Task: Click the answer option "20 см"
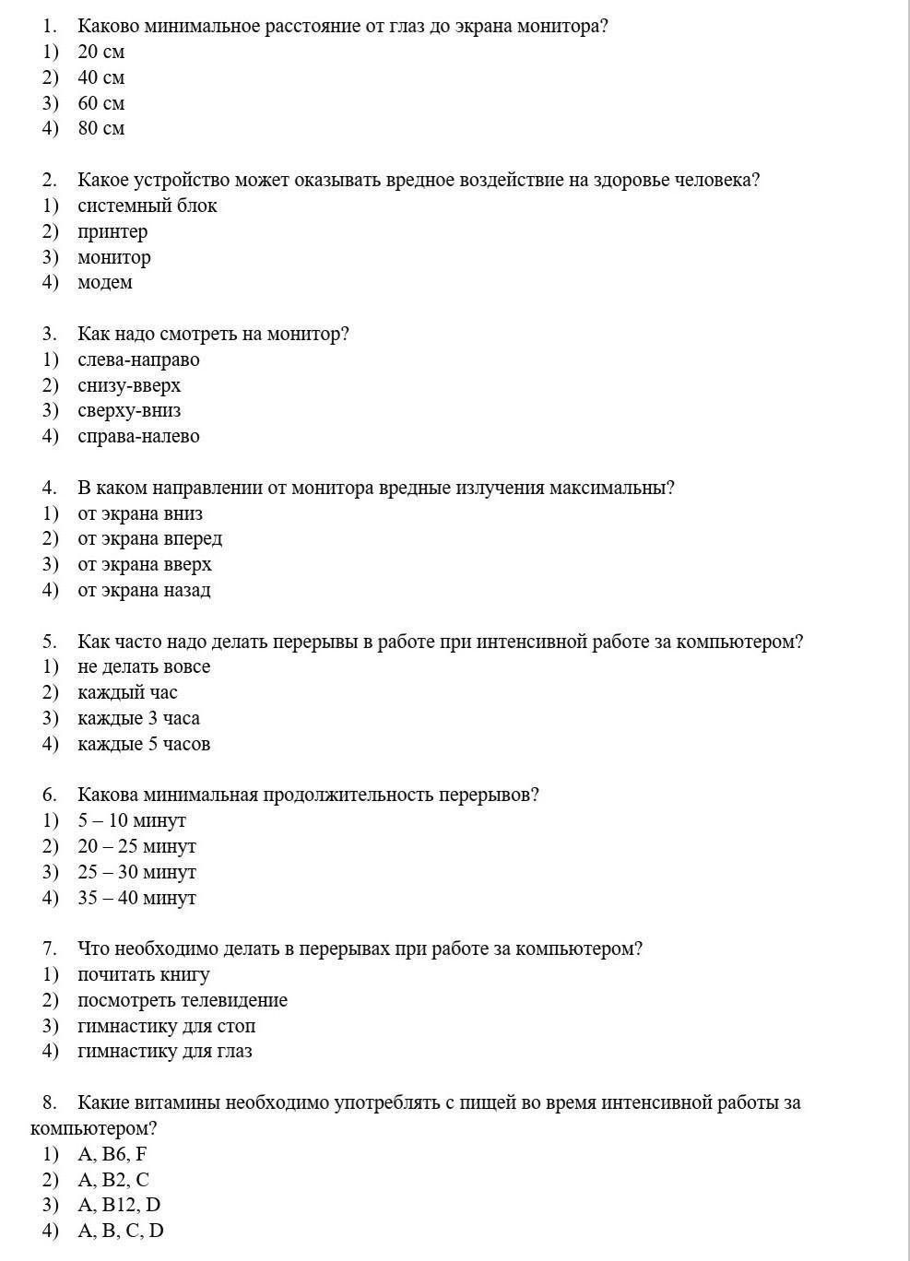[x=100, y=52]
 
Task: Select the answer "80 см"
[x=100, y=128]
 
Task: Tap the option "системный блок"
[x=147, y=206]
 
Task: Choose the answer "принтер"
[x=112, y=231]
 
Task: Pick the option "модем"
[x=104, y=282]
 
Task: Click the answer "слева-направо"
[x=138, y=359]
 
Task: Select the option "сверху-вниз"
[x=129, y=410]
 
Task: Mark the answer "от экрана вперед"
[x=149, y=538]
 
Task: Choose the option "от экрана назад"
[x=144, y=590]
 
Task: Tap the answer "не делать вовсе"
[x=144, y=666]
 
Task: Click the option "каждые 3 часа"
[x=138, y=718]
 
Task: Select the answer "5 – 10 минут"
[x=132, y=820]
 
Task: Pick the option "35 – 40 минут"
[x=136, y=898]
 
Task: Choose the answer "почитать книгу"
[x=144, y=974]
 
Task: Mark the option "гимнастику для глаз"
[x=164, y=1051]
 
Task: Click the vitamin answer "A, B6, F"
[x=112, y=1154]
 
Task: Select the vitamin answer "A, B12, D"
[x=119, y=1205]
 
